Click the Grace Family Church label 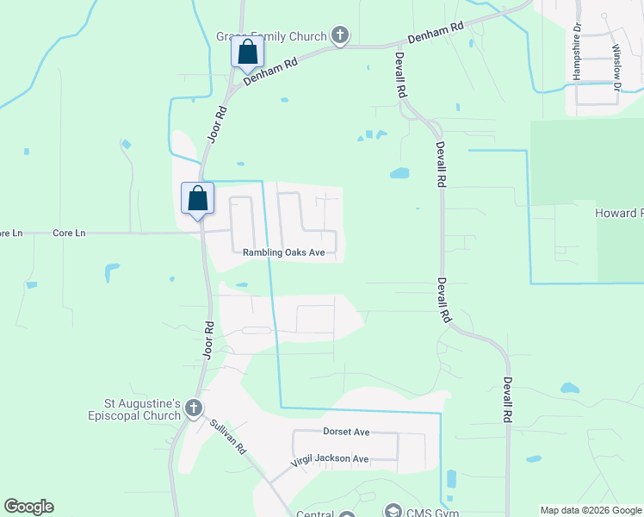[270, 37]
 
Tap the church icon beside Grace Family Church [340, 36]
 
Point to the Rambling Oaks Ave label [283, 252]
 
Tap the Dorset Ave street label [346, 432]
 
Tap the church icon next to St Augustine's [194, 408]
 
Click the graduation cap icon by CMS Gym [393, 511]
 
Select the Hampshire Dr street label [578, 57]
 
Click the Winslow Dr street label [616, 67]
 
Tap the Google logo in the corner [28, 507]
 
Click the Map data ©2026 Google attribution [590, 510]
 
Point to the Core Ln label [69, 233]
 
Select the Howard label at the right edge [619, 213]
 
